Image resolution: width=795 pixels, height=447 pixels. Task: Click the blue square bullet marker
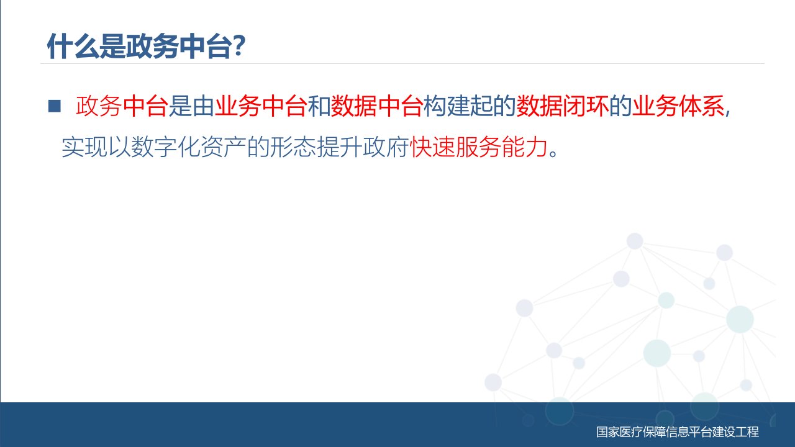tap(54, 106)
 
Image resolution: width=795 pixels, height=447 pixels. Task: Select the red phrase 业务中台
tap(261, 106)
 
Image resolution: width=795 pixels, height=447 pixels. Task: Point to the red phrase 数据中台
tap(376, 106)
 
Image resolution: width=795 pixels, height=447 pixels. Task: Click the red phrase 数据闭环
tap(563, 106)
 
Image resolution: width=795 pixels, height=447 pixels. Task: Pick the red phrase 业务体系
tap(678, 106)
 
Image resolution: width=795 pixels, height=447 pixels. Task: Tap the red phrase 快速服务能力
tap(479, 147)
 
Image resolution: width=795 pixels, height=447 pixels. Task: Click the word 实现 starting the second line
tap(84, 147)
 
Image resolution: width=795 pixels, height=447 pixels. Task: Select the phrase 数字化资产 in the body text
tap(189, 147)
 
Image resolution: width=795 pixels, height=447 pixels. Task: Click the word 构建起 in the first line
tap(458, 106)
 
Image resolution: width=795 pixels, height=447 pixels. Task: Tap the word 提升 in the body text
tap(340, 147)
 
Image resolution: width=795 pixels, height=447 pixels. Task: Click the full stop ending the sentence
tap(553, 153)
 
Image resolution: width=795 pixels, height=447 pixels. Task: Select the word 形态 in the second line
tap(293, 147)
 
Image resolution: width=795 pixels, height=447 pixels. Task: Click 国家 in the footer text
tap(607, 431)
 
